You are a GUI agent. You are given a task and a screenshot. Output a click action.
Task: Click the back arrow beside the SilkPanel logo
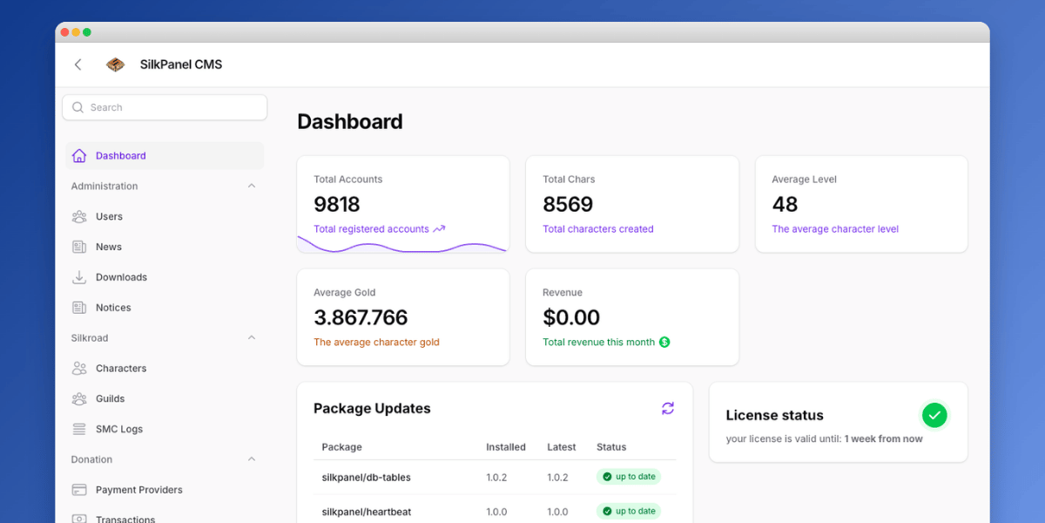point(78,65)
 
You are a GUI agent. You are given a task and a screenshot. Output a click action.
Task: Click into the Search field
point(165,107)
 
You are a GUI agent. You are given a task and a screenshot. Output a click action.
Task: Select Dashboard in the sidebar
point(120,156)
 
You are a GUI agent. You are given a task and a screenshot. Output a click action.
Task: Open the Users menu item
point(109,217)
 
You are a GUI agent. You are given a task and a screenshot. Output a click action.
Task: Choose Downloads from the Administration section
point(121,277)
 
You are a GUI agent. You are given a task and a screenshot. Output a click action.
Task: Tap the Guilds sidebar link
point(110,399)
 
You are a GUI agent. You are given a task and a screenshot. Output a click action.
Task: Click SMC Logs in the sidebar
point(118,429)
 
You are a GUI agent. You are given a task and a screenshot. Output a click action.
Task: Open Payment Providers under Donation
point(138,490)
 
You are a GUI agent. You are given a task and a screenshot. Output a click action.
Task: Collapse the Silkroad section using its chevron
point(252,338)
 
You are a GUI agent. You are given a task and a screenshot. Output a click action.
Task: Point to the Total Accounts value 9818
point(337,204)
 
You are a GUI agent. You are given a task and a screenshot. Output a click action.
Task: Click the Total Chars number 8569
point(568,204)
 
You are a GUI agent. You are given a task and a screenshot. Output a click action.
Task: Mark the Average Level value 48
point(785,204)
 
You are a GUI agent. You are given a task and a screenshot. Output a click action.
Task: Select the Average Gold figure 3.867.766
point(361,317)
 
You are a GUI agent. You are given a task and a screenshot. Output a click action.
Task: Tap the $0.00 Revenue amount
point(571,317)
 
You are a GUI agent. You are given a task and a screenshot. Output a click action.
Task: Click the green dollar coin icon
point(664,343)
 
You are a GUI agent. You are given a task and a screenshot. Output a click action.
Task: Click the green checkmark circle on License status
point(934,415)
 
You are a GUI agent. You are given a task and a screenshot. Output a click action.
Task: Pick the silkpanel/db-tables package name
point(366,478)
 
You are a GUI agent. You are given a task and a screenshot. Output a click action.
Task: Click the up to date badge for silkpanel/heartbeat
point(629,511)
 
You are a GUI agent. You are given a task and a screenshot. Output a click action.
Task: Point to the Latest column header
point(562,447)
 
